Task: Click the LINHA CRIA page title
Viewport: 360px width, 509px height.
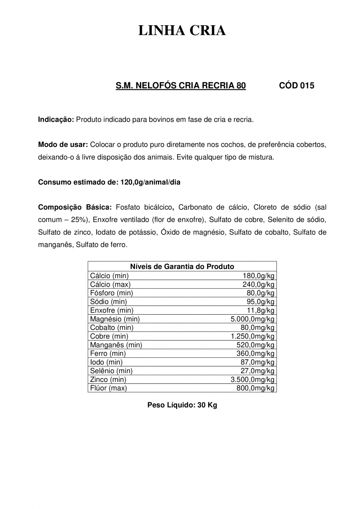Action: pos(182,31)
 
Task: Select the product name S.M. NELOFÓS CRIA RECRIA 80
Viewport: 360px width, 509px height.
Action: pos(181,86)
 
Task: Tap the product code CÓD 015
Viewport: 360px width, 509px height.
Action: pos(297,86)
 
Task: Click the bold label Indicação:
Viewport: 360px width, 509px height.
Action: pos(56,120)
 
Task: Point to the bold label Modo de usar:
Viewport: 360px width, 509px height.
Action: pos(63,145)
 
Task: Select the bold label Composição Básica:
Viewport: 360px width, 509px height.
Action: pos(75,207)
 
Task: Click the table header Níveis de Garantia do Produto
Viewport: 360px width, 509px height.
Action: pos(182,267)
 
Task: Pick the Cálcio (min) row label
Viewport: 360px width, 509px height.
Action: pos(109,276)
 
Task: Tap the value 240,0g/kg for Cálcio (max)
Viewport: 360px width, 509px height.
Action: pos(258,284)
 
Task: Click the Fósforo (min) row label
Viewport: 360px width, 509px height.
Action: pos(111,293)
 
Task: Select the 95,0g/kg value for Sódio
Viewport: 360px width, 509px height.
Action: pos(260,302)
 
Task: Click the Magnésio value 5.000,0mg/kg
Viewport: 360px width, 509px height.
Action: pos(252,319)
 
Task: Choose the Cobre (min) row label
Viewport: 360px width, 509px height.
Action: pos(109,336)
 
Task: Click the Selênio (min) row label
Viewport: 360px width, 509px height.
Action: pos(111,371)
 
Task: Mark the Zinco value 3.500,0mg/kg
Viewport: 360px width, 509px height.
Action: pos(252,379)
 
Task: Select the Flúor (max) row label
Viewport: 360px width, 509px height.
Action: pos(108,388)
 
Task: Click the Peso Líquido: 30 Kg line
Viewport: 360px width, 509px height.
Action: pos(182,405)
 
